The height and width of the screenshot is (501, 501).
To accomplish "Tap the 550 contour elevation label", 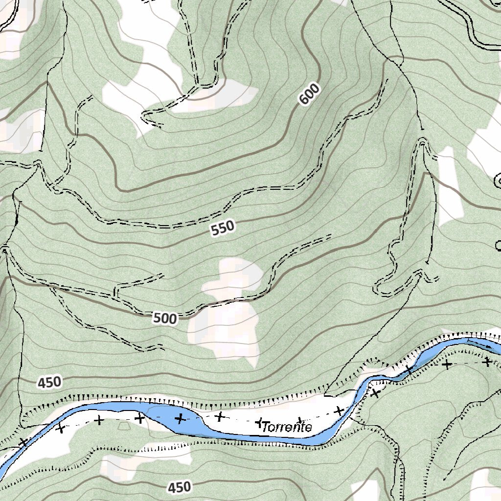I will pos(223,228).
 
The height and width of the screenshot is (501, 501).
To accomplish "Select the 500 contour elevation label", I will pos(164,319).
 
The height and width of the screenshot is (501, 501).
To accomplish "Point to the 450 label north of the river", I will pos(49,382).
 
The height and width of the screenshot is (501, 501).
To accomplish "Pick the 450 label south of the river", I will pos(179,487).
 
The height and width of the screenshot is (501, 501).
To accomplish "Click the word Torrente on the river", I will pos(287,427).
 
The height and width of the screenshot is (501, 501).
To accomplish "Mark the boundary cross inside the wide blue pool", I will pos(180,418).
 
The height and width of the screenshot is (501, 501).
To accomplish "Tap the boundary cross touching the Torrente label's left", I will pos(260,422).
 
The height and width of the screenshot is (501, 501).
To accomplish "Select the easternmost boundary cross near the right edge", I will pos(487,362).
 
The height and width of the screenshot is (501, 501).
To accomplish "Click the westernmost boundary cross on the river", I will pos(23,442).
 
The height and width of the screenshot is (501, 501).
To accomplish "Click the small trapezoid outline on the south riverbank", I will pos(124,426).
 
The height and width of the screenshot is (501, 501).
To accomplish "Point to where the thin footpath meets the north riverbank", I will pos(326,394).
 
